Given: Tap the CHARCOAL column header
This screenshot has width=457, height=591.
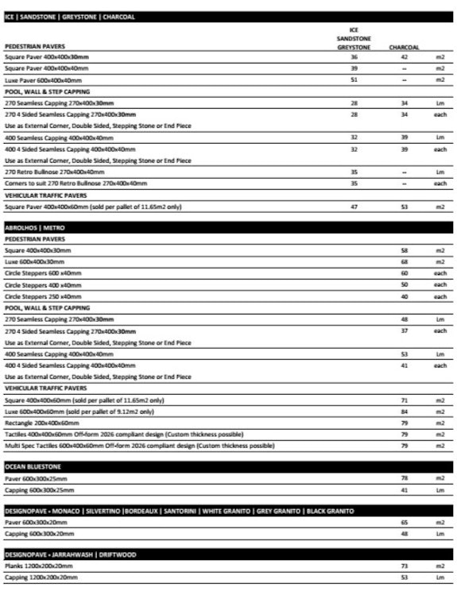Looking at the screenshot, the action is pyautogui.click(x=404, y=47).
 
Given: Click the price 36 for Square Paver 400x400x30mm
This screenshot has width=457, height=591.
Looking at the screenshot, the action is pyautogui.click(x=354, y=57).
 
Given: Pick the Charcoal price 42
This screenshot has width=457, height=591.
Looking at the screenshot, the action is pyautogui.click(x=404, y=57).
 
